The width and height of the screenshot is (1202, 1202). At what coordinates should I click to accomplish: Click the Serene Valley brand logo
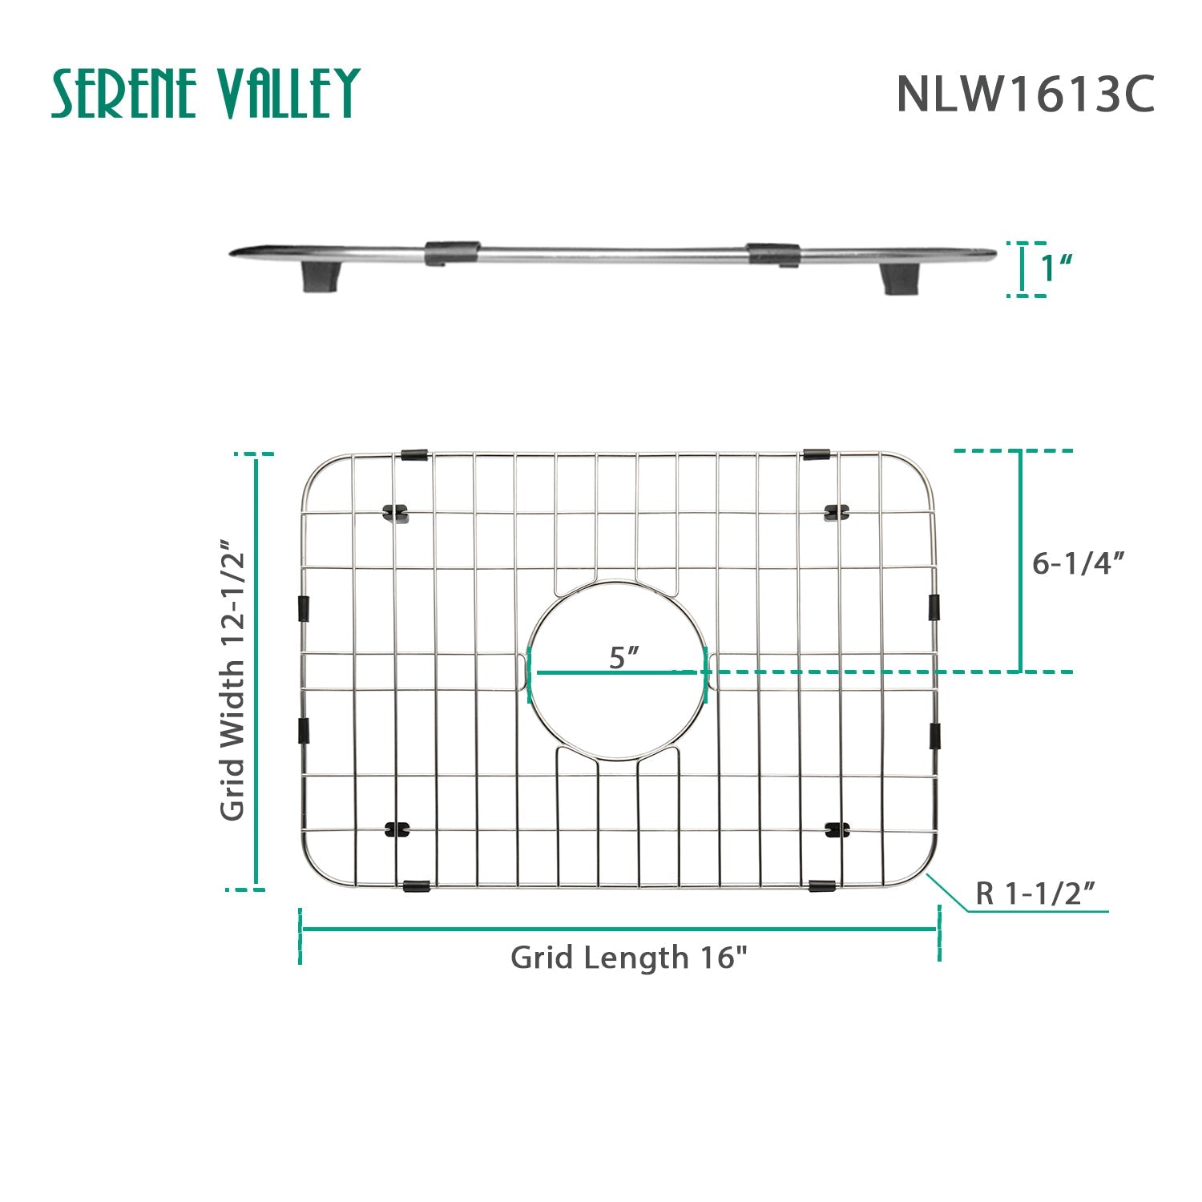coord(205,93)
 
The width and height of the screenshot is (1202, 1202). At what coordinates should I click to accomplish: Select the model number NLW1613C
coord(1025,95)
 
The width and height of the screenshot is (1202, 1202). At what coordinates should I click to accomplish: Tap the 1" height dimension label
coord(1056,268)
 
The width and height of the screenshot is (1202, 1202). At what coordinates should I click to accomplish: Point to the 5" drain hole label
coord(623,657)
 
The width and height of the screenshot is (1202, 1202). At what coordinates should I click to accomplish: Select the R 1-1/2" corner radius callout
coord(1035,893)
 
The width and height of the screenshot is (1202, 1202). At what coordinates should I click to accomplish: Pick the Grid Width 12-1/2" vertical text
coord(232,680)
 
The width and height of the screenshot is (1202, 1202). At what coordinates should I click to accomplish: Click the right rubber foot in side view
coord(901,278)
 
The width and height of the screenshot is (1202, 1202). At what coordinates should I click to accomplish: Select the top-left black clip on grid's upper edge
coord(414,455)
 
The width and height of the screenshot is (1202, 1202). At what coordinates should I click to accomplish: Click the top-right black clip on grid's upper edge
coord(816,454)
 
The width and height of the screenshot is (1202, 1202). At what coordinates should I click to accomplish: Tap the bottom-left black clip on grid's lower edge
coord(416,886)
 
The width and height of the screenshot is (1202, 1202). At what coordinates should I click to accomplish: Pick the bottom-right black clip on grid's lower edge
coord(822,885)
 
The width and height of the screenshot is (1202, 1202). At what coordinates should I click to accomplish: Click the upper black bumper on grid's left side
coord(304,608)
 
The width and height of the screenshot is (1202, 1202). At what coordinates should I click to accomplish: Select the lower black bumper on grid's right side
coord(934,735)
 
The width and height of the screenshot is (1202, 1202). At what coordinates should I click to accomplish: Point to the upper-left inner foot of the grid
coord(397,511)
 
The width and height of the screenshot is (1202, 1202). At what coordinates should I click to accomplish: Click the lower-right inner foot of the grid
coord(837,830)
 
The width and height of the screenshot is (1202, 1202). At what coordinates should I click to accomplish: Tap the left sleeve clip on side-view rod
coord(452,252)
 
